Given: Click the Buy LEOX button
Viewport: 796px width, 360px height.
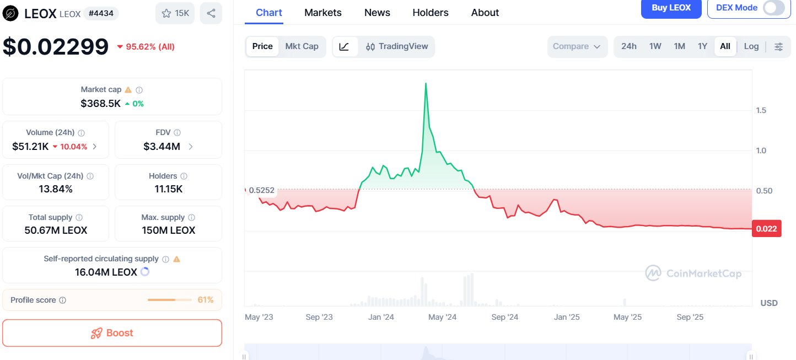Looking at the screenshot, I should pyautogui.click(x=671, y=8).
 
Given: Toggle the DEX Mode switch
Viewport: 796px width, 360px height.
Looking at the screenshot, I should pyautogui.click(x=773, y=8).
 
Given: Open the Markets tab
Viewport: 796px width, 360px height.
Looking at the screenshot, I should pyautogui.click(x=323, y=13).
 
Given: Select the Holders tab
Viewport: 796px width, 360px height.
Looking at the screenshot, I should pyautogui.click(x=431, y=13).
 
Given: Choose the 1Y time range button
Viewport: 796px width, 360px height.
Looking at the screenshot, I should pyautogui.click(x=702, y=46).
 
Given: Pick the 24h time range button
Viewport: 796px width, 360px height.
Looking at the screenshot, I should pyautogui.click(x=629, y=46).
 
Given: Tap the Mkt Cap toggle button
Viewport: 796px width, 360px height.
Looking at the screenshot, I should pyautogui.click(x=302, y=46).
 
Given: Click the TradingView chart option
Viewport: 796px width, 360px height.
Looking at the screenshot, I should pyautogui.click(x=397, y=46).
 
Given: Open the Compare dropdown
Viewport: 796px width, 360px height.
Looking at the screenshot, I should pyautogui.click(x=577, y=46).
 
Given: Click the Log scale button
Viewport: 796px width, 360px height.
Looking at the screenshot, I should pyautogui.click(x=751, y=46).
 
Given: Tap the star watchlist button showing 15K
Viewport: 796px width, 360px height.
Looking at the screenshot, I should pyautogui.click(x=175, y=13).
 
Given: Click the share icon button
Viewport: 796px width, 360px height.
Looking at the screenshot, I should pyautogui.click(x=211, y=13).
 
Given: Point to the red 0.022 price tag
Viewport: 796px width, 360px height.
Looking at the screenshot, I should pyautogui.click(x=766, y=229).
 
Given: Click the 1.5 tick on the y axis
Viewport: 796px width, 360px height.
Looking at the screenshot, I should pyautogui.click(x=761, y=110).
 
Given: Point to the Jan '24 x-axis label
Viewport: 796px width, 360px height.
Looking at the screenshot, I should pyautogui.click(x=381, y=317).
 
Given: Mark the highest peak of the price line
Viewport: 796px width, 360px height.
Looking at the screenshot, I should pyautogui.click(x=426, y=83).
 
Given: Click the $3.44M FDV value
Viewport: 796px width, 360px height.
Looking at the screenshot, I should pyautogui.click(x=161, y=147).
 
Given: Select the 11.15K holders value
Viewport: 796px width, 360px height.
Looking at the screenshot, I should pyautogui.click(x=168, y=189).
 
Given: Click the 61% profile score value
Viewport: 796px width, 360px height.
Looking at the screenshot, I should pyautogui.click(x=206, y=300).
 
